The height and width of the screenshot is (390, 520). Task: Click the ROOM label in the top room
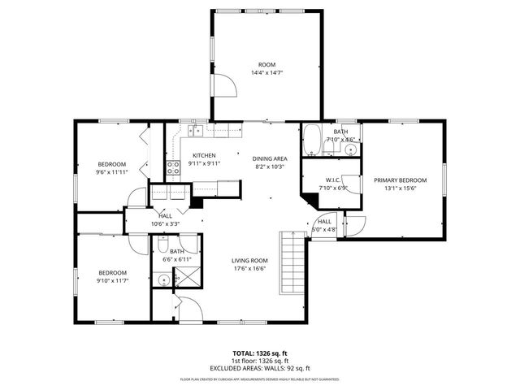[x=266, y=64]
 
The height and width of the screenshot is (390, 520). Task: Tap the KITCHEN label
[x=203, y=155]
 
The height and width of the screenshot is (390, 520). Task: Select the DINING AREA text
[x=269, y=159]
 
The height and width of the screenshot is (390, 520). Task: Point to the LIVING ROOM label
[x=249, y=261]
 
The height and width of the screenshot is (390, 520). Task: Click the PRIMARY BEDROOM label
[x=400, y=180]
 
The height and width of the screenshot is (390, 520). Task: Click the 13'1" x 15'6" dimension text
[x=400, y=188]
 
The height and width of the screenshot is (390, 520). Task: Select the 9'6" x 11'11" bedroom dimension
[x=113, y=172]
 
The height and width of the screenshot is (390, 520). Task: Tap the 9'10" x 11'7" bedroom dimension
[x=113, y=281]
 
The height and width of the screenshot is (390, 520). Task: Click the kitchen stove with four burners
[x=173, y=168]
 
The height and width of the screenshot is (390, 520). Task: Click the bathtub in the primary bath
[x=312, y=139]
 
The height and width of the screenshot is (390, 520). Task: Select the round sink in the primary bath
[x=351, y=149]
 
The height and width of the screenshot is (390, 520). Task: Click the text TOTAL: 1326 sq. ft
[x=259, y=353]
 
